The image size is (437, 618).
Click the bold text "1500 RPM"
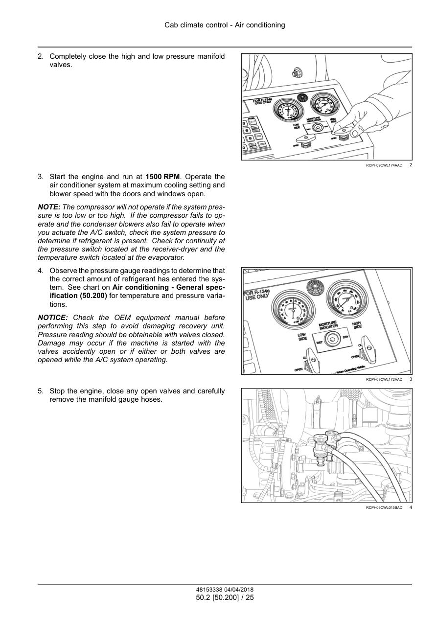click(162, 177)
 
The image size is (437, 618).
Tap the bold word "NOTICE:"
click(53, 318)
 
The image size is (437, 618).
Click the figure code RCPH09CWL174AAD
click(384, 165)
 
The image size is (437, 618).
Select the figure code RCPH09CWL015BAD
click(384, 508)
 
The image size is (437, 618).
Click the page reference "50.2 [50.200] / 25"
click(225, 597)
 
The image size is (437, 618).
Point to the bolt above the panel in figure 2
click(296, 73)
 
